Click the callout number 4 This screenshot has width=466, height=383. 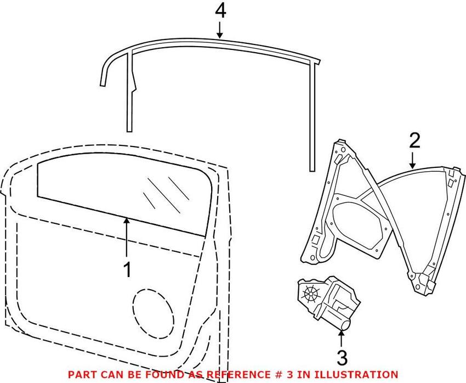pyautogui.click(x=220, y=12)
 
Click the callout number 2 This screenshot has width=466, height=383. pyautogui.click(x=415, y=140)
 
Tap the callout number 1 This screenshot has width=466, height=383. pyautogui.click(x=128, y=270)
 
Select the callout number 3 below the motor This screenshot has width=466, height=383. pyautogui.click(x=342, y=358)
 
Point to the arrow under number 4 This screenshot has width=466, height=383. pyautogui.click(x=220, y=30)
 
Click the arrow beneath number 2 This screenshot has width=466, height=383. pyautogui.click(x=412, y=161)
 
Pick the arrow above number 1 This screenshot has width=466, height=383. pyautogui.click(x=127, y=237)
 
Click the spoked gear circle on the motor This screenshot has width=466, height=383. pyautogui.click(x=310, y=294)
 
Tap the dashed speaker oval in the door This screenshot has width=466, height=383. pyautogui.click(x=153, y=313)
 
